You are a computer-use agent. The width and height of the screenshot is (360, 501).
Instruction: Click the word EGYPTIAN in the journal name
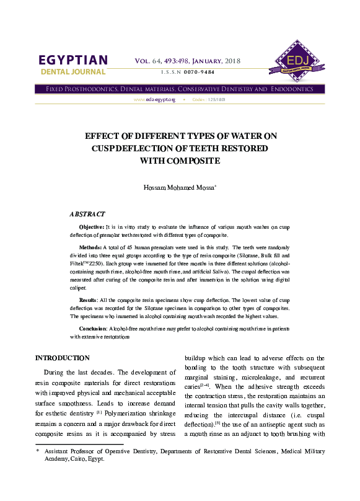point(74,61)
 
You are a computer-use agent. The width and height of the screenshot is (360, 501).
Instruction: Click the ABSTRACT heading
point(87,214)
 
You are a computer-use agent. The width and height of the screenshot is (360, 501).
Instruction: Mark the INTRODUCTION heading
point(63,358)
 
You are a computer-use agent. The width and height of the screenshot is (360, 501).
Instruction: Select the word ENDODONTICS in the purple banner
point(292,89)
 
